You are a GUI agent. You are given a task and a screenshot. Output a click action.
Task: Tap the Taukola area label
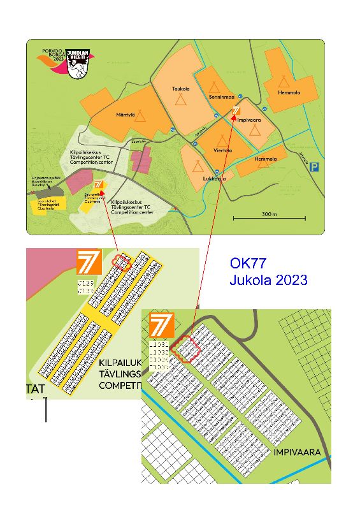pyautogui.click(x=181, y=89)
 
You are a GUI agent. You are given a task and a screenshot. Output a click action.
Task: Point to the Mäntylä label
pyautogui.click(x=124, y=115)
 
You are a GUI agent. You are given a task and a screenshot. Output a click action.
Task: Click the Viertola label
pyautogui.click(x=222, y=151)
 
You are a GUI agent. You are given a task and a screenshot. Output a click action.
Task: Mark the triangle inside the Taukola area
pyautogui.click(x=182, y=100)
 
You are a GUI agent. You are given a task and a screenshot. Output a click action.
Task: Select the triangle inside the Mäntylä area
pyautogui.click(x=140, y=116)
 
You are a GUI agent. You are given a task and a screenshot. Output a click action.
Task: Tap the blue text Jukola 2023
pyautogui.click(x=268, y=280)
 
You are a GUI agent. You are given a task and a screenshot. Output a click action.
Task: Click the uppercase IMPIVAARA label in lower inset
pyautogui.click(x=296, y=453)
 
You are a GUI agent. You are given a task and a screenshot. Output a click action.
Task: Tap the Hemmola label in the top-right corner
pyautogui.click(x=289, y=93)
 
